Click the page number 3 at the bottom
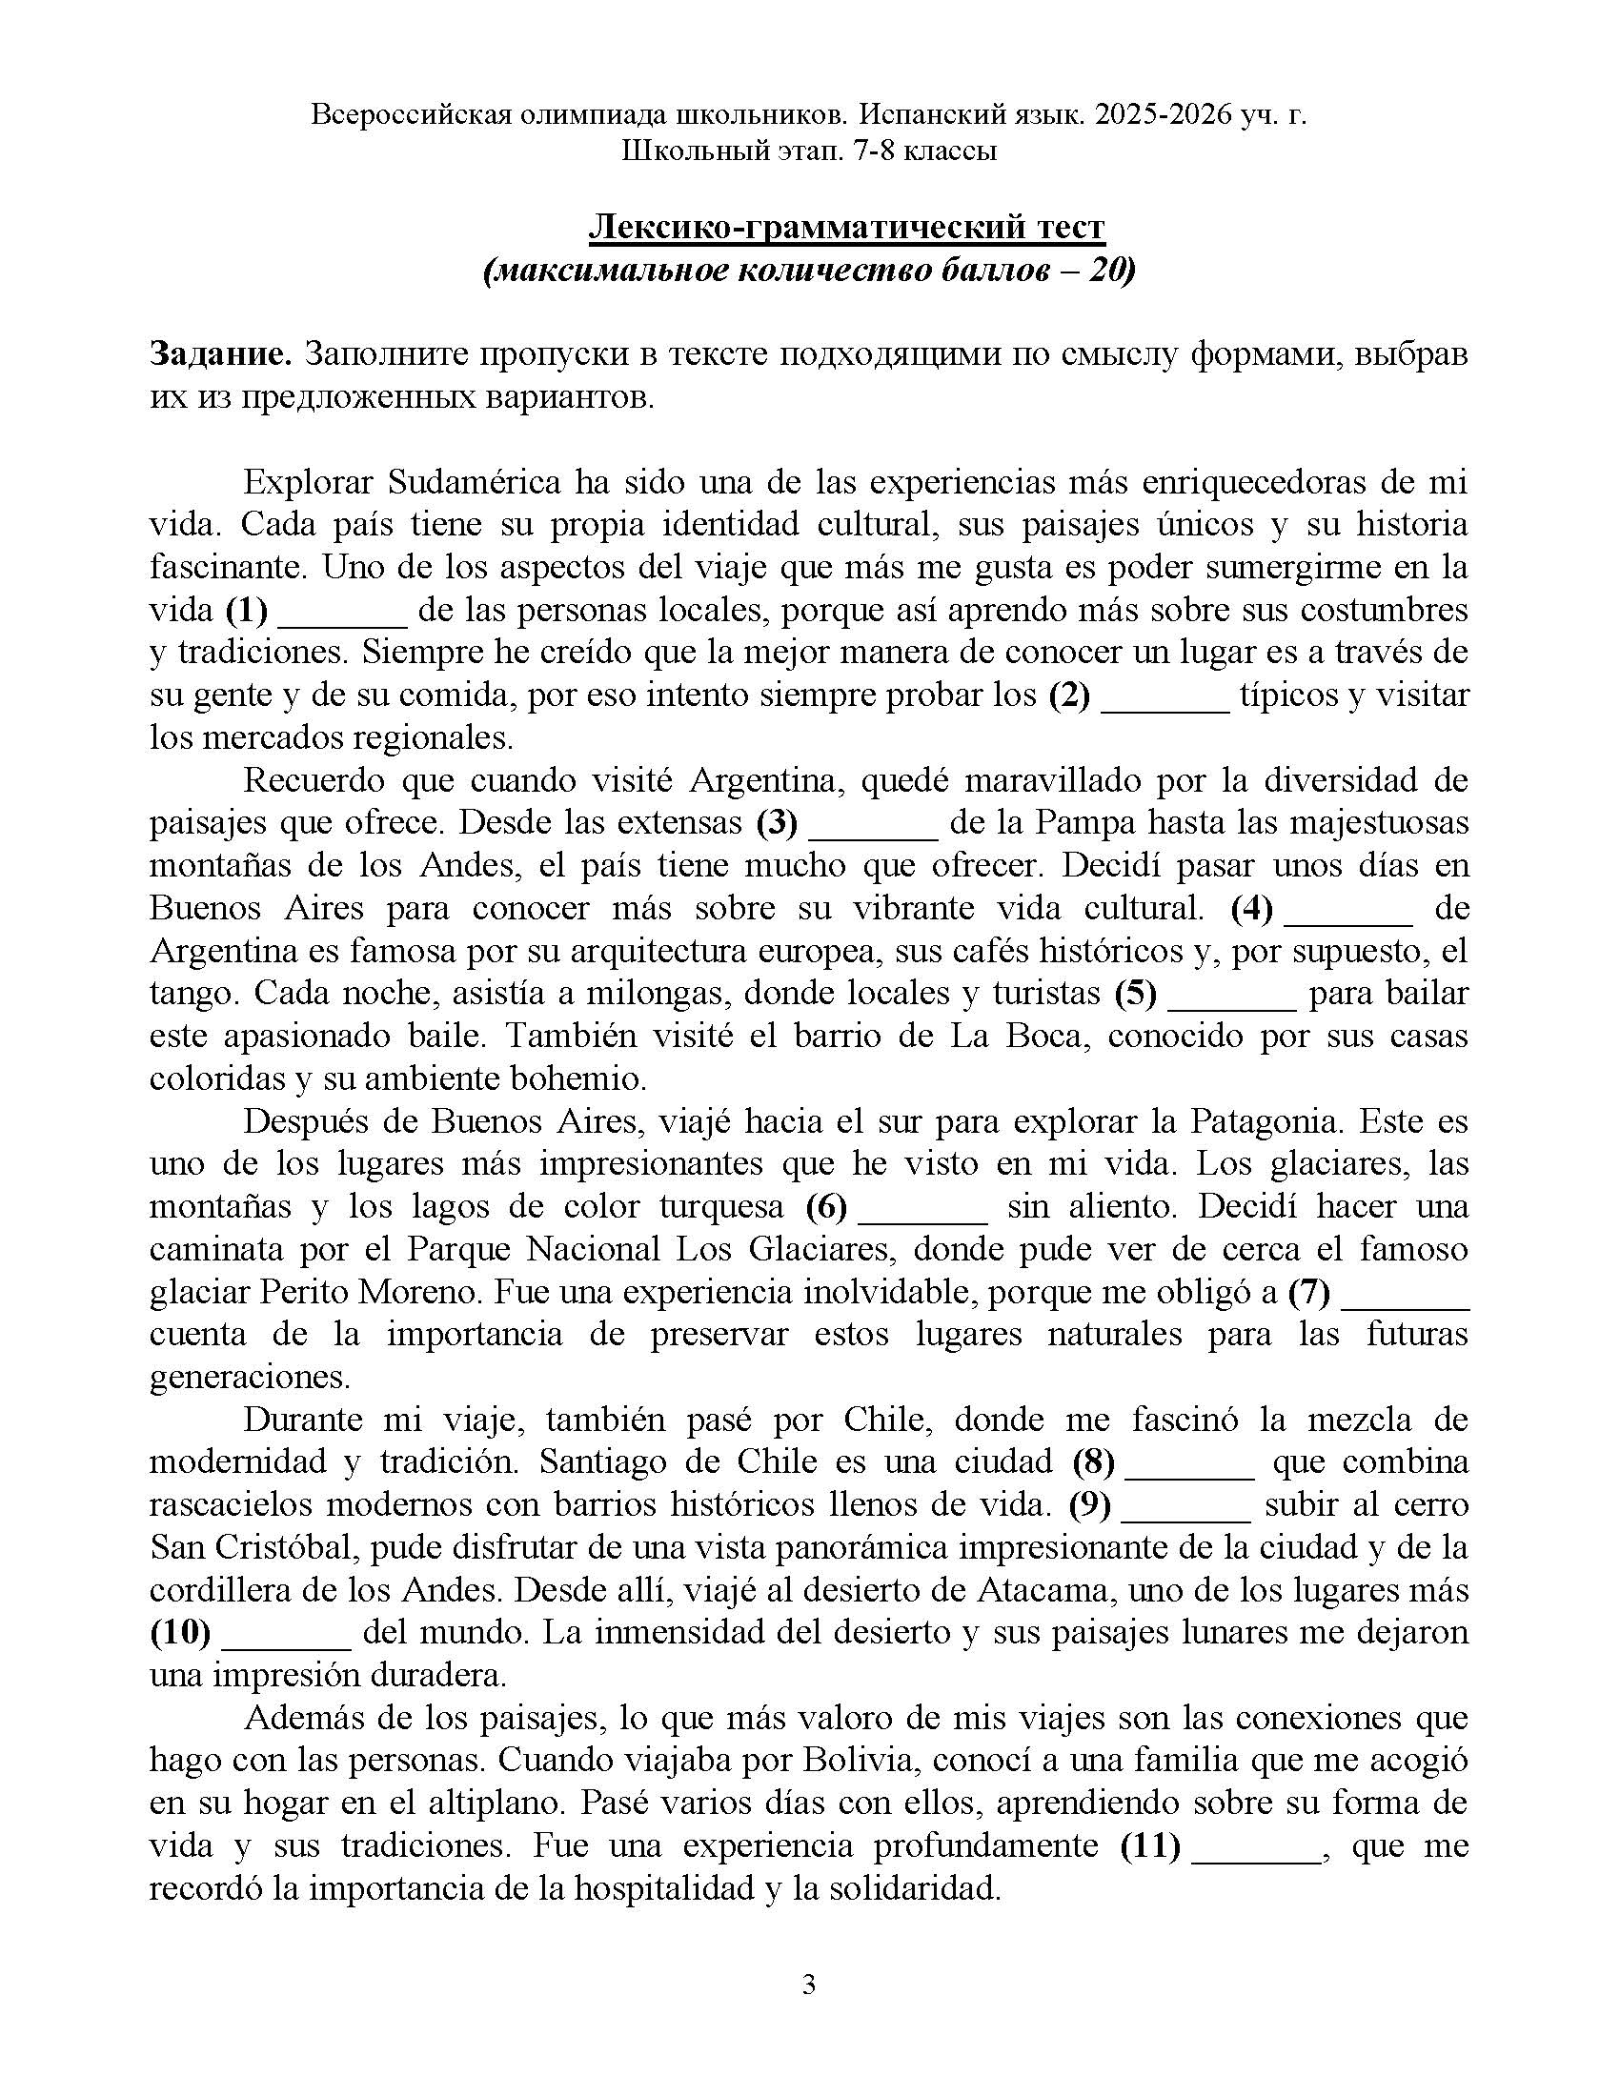[x=808, y=1985]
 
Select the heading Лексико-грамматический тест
[x=845, y=227]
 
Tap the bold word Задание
[x=221, y=354]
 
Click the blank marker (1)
[x=247, y=610]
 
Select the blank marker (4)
[x=1251, y=908]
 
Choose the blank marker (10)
[x=180, y=1631]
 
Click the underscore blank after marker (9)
[x=1185, y=1504]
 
